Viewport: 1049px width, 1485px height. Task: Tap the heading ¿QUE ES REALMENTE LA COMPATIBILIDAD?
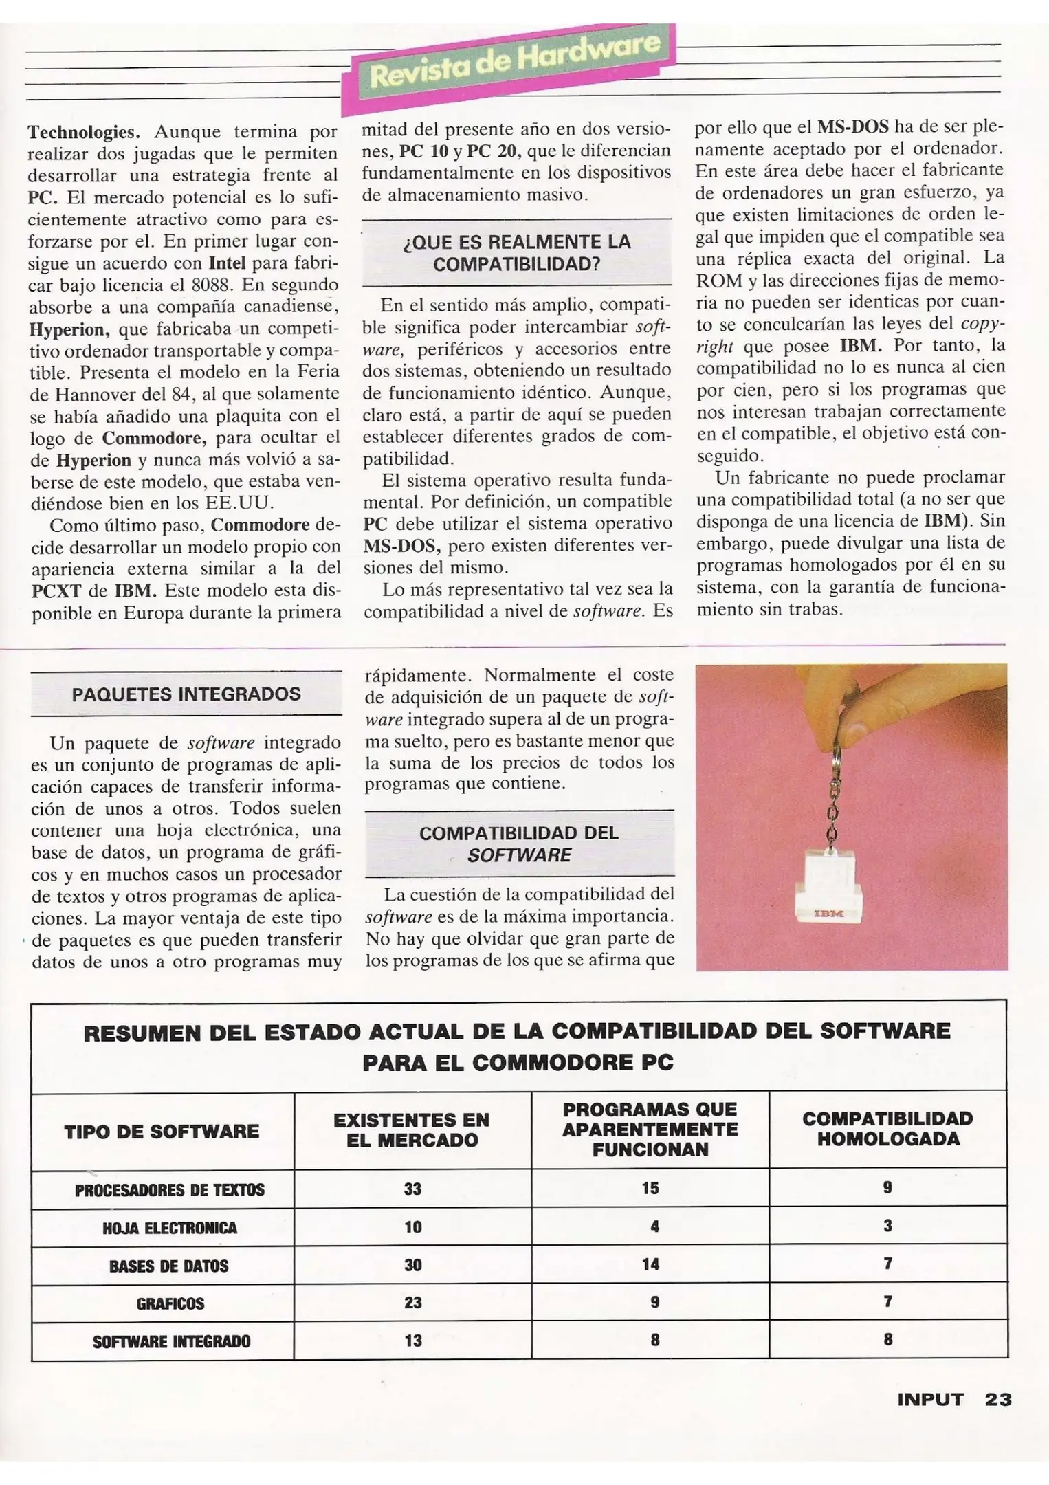pos(517,252)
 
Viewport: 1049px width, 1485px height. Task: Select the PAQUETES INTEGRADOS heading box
pos(186,694)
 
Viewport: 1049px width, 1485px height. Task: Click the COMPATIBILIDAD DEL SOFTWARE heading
pos(519,844)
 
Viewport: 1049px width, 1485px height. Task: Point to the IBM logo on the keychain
pos(828,914)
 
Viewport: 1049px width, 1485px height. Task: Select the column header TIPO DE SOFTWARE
pos(162,1131)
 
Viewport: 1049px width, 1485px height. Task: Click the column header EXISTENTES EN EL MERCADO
pos(412,1130)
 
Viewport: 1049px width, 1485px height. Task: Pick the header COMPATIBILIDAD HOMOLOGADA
pos(887,1128)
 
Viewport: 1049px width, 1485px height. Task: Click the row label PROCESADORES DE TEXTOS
pos(169,1190)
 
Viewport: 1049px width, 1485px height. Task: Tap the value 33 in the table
pos(412,1189)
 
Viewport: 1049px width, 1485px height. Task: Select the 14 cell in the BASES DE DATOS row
pos(650,1264)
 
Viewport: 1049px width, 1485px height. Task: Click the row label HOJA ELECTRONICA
pos(169,1228)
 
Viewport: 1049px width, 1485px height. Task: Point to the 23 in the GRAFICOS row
pos(412,1302)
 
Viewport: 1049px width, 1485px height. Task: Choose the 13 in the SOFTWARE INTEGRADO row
pos(412,1340)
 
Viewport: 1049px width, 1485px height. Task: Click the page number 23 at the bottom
pos(997,1399)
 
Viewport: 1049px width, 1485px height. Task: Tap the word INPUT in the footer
pos(930,1399)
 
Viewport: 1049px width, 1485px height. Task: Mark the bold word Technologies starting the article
pos(80,131)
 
